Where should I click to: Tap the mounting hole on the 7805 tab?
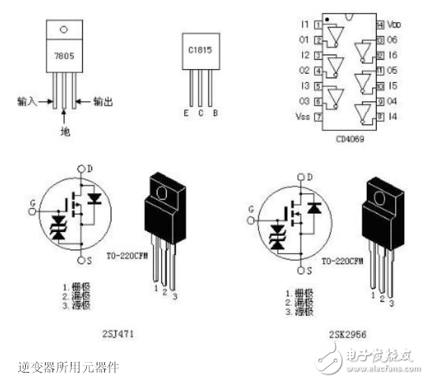tap(63, 31)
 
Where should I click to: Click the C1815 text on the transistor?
tap(199, 52)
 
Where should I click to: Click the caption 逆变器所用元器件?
tap(67, 367)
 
